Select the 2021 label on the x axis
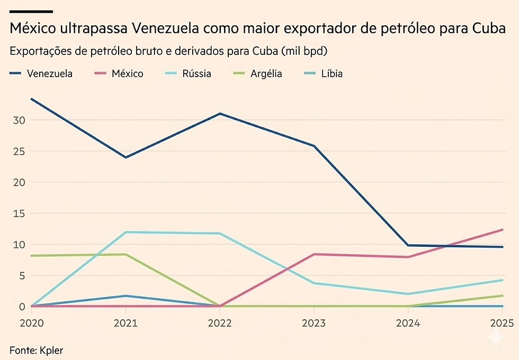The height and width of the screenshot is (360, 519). pyautogui.click(x=126, y=323)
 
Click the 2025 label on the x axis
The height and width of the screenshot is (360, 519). pyautogui.click(x=502, y=323)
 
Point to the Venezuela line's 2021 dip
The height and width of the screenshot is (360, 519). pyautogui.click(x=126, y=157)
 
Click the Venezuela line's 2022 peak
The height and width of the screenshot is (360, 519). pyautogui.click(x=220, y=113)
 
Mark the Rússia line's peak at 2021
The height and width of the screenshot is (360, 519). pyautogui.click(x=126, y=232)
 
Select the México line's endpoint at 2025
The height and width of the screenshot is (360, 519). pyautogui.click(x=502, y=229)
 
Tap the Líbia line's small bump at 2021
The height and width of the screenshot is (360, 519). pyautogui.click(x=126, y=295)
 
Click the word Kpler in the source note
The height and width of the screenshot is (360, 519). pyautogui.click(x=51, y=349)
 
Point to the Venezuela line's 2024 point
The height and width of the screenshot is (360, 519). pyautogui.click(x=408, y=245)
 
